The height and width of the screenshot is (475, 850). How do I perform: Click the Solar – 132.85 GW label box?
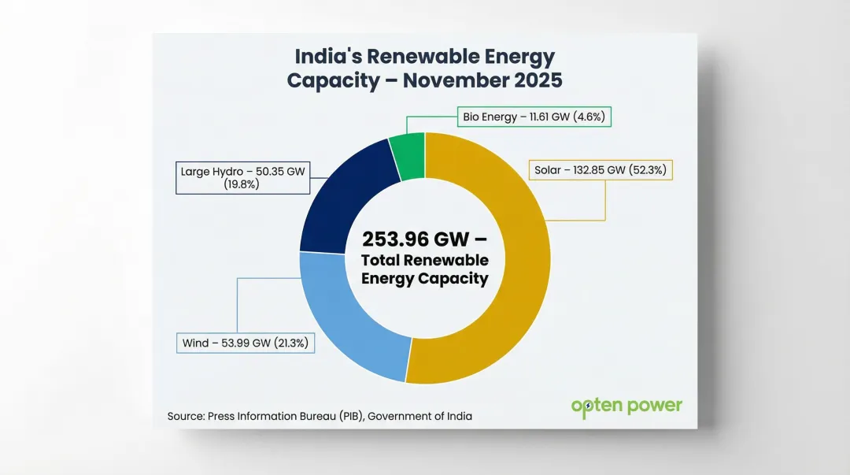click(x=600, y=169)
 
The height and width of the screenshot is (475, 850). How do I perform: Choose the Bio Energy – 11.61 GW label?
click(x=533, y=117)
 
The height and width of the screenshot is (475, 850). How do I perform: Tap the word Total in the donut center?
click(x=382, y=260)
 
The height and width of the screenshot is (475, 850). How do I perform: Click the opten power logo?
click(x=626, y=406)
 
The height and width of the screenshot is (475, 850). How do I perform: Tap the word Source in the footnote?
click(x=186, y=416)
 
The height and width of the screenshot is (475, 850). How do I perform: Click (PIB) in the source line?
click(x=350, y=416)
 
